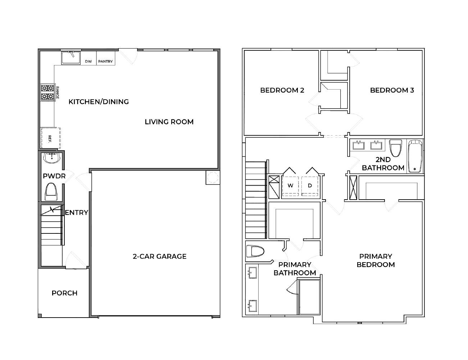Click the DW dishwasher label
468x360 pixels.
88,61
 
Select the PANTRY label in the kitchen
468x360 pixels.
105,61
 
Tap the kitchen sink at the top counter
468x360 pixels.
71,58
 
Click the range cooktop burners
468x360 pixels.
47,92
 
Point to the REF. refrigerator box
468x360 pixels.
50,138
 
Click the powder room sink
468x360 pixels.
52,158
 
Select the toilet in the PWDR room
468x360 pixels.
51,192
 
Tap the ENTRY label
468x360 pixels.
76,213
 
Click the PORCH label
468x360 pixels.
64,293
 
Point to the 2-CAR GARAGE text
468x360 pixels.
159,256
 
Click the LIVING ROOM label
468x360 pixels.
169,122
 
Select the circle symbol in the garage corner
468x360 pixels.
212,177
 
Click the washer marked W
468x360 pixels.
291,186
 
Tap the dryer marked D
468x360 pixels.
310,186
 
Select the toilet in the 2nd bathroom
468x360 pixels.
395,148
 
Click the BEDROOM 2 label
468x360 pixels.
282,90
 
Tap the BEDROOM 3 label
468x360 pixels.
392,90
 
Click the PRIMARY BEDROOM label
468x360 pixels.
376,260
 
